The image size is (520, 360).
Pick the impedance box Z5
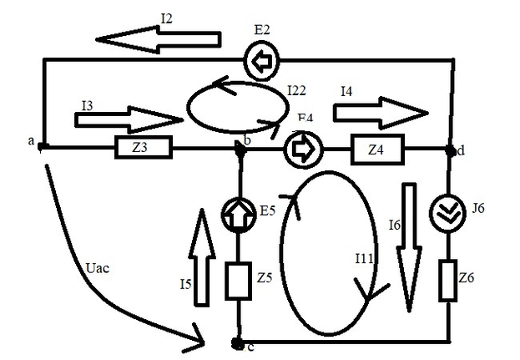[240, 280]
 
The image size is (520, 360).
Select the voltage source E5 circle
[240, 214]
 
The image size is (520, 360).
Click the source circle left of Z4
[298, 150]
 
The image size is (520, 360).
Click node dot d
[451, 150]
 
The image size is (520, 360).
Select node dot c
[238, 342]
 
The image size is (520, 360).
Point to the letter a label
[31, 142]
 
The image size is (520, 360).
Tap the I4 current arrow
[380, 111]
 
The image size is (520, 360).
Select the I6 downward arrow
[409, 247]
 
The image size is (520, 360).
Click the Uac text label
[99, 269]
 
